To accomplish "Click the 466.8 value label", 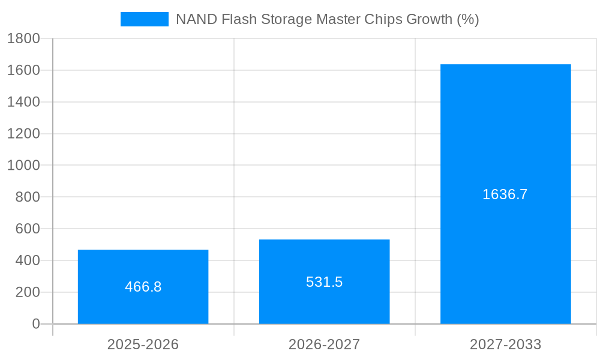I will point(143,287).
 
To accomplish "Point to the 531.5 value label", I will point(324,282).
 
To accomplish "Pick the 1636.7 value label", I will point(505,194).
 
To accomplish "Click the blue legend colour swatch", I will point(145,19).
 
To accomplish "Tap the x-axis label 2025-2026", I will point(143,344).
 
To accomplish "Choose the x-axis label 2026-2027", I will point(324,344).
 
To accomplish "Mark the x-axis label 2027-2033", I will point(505,344).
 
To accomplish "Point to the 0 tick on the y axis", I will point(35,324).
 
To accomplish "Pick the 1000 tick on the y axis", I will point(23,165).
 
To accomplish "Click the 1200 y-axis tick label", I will point(23,133).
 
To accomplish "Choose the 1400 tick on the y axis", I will point(23,102).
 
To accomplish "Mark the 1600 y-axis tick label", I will point(23,70).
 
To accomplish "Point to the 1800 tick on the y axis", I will point(23,38).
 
